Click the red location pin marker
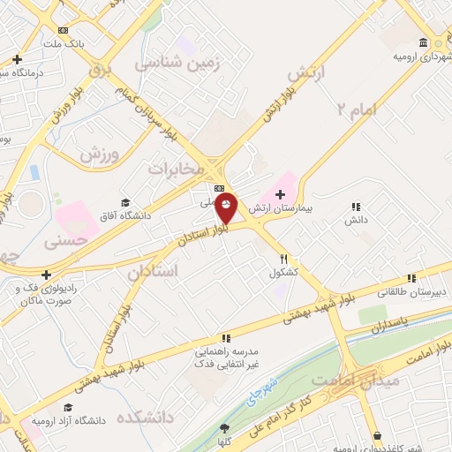click(x=227, y=209)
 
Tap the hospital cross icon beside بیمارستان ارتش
click(x=281, y=194)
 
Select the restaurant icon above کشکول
click(x=283, y=260)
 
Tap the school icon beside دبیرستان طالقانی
click(x=411, y=277)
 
